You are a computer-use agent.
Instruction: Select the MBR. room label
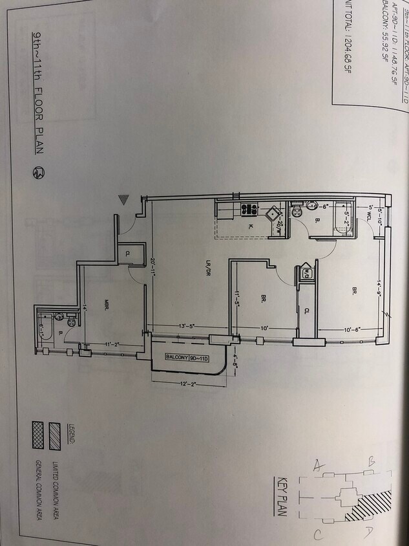[x=107, y=303]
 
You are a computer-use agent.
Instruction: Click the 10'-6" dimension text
[x=352, y=329]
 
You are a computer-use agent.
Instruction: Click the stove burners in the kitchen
[x=249, y=210]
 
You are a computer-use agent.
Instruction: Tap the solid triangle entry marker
[x=124, y=201]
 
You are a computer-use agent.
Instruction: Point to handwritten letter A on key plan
[x=319, y=464]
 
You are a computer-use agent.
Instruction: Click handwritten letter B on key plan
[x=372, y=461]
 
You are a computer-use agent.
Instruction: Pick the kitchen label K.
[x=249, y=227]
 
